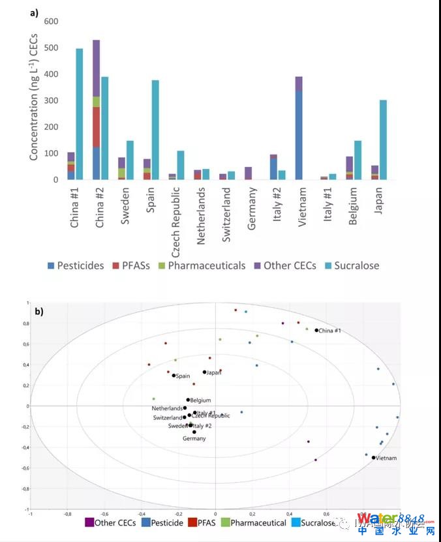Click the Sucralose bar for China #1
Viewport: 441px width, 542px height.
pos(80,114)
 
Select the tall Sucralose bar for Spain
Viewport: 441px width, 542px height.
pos(156,130)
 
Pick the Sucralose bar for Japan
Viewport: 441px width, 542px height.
pos(384,140)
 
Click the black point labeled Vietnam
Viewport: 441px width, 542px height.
pos(374,457)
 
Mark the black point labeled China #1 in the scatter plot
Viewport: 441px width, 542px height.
pos(316,330)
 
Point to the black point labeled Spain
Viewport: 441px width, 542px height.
pos(174,375)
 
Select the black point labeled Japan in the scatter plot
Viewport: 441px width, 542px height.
pos(204,372)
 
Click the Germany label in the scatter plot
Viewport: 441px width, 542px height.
pos(194,438)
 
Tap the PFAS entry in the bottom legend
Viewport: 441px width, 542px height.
pos(207,522)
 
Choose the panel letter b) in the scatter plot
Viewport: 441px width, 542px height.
pos(40,312)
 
